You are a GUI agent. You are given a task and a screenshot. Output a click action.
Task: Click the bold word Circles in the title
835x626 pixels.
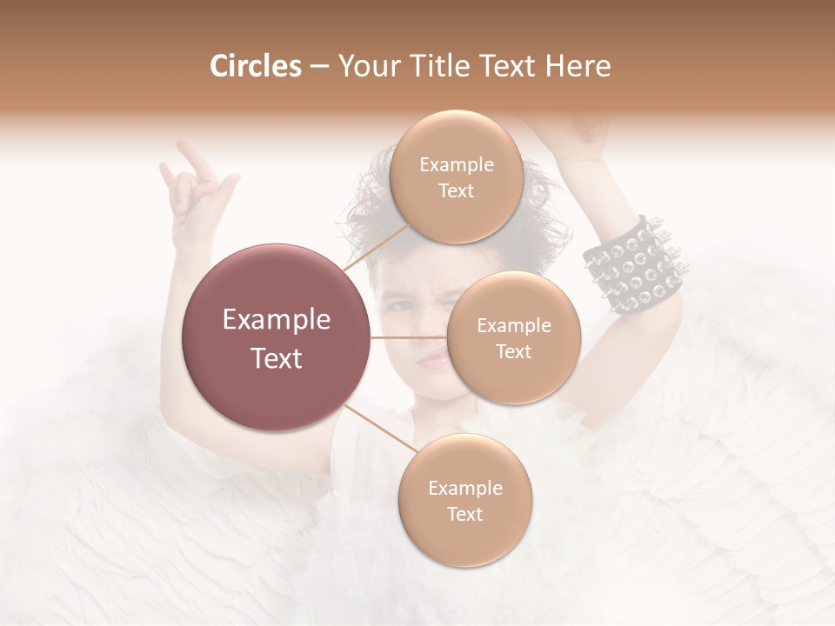tap(256, 66)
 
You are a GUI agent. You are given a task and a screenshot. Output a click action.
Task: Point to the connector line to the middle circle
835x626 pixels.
tap(409, 337)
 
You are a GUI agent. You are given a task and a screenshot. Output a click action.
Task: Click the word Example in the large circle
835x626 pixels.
tap(277, 320)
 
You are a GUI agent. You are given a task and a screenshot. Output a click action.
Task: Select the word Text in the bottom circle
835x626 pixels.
tap(464, 514)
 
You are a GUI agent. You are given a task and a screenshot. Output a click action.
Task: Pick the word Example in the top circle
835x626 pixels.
tap(457, 165)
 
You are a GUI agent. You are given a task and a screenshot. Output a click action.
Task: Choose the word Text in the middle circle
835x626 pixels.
tap(513, 351)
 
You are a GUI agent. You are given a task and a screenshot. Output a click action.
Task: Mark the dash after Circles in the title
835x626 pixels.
tap(318, 67)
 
